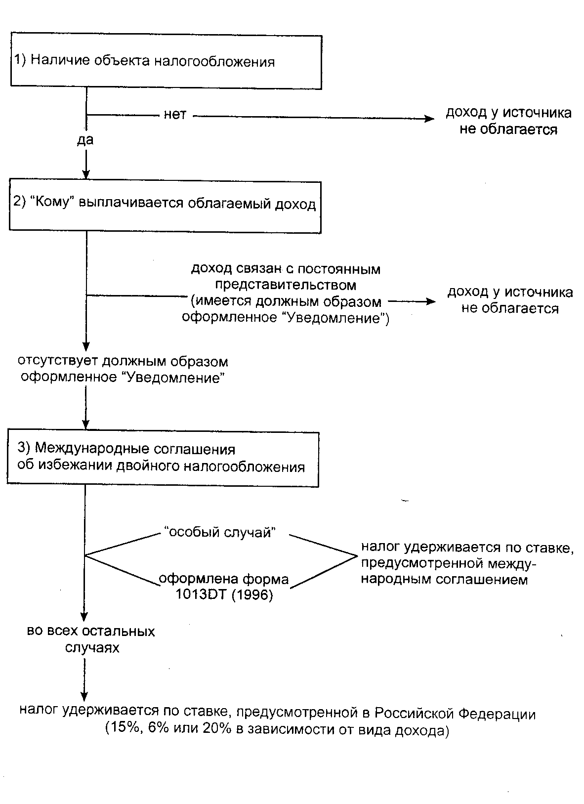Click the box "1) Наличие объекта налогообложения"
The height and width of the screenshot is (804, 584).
click(x=166, y=62)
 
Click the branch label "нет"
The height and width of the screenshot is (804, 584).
click(x=175, y=115)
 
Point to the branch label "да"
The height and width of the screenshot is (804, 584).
click(x=85, y=140)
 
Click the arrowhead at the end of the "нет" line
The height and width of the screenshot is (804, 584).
click(x=428, y=119)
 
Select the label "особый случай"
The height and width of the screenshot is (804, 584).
click(x=219, y=533)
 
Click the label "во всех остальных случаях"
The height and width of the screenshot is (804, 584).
click(x=91, y=639)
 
